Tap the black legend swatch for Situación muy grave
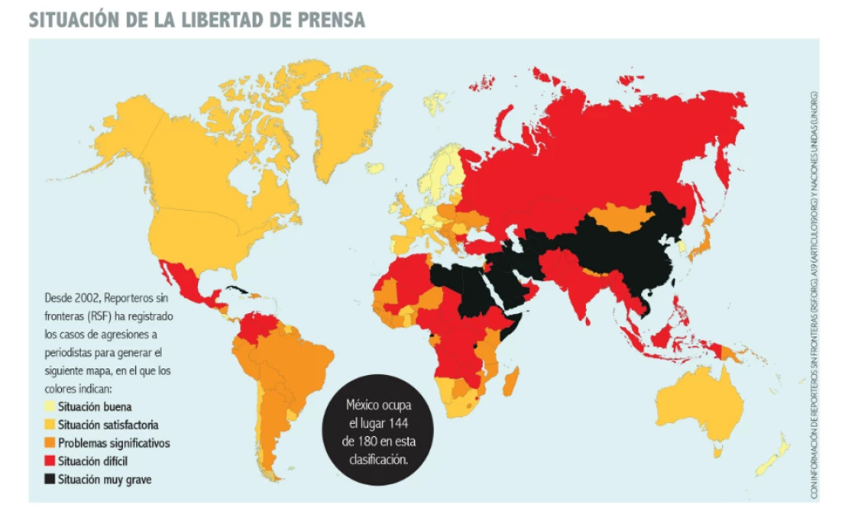[49, 479]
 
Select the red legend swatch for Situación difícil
[49, 461]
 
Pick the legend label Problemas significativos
[114, 443]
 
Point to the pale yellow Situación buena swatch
[49, 406]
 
